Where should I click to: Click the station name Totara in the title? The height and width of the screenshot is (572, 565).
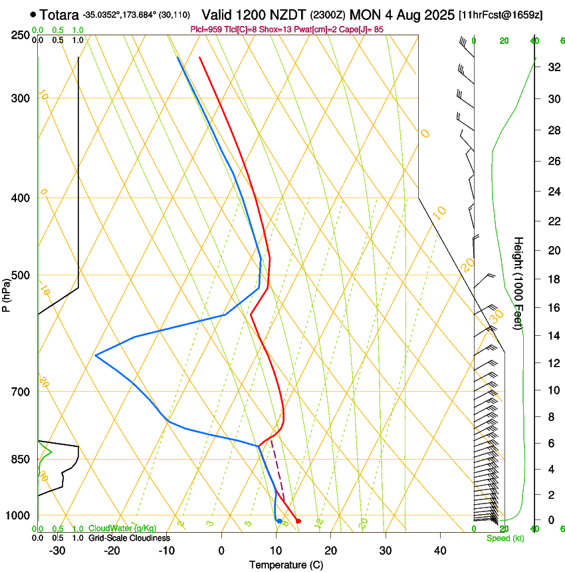point(58,14)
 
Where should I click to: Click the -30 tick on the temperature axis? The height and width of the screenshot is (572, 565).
point(57,551)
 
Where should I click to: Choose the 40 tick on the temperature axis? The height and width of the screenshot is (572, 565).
point(439,551)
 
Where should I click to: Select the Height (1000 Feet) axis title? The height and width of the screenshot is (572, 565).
point(519,283)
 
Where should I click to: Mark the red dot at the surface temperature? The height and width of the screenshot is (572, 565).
point(298,521)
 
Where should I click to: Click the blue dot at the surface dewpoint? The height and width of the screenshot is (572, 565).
point(279,521)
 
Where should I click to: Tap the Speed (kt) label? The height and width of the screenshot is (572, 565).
point(505,538)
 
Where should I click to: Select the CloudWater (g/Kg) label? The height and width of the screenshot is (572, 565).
point(122,529)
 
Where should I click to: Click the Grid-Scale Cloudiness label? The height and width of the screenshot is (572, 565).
point(129,538)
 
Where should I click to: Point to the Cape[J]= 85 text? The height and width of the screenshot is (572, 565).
point(364,29)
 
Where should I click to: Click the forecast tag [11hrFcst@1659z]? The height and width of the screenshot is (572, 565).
point(501,15)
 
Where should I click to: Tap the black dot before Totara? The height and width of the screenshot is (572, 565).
point(33,14)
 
